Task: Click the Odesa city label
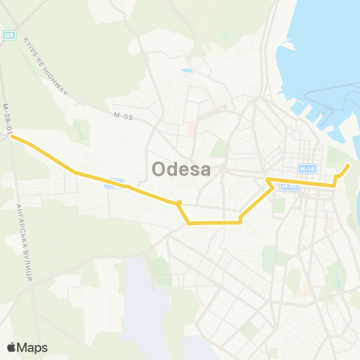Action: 181,170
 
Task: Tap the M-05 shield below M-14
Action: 289,186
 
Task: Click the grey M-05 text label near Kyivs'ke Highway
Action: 123,115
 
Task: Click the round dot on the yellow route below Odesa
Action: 178,203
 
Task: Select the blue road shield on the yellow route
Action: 114,182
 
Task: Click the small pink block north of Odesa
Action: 191,129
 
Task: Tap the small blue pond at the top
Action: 186,71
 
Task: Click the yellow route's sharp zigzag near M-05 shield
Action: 268,180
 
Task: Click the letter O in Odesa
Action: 159,170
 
